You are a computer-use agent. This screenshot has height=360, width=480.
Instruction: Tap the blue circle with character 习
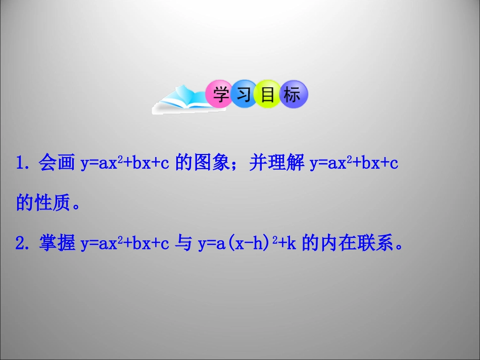click(x=245, y=94)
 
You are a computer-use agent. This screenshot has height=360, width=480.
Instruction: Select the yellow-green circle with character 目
click(x=268, y=94)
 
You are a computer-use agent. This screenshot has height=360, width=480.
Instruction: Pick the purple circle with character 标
click(x=292, y=94)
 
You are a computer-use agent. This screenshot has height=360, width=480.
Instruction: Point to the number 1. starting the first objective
click(x=25, y=164)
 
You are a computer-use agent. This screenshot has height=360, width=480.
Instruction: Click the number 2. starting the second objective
click(x=25, y=244)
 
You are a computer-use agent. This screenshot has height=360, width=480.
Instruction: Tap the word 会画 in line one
click(x=57, y=164)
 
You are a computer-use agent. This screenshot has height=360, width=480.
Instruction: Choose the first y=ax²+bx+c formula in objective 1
click(x=125, y=164)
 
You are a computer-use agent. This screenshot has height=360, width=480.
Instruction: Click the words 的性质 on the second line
click(x=42, y=204)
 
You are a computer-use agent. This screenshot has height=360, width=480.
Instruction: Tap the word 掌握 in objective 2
click(x=57, y=244)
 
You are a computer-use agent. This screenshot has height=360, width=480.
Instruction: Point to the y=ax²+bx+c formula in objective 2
click(x=125, y=244)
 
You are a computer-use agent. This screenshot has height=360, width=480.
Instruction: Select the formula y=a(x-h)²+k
click(x=247, y=244)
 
